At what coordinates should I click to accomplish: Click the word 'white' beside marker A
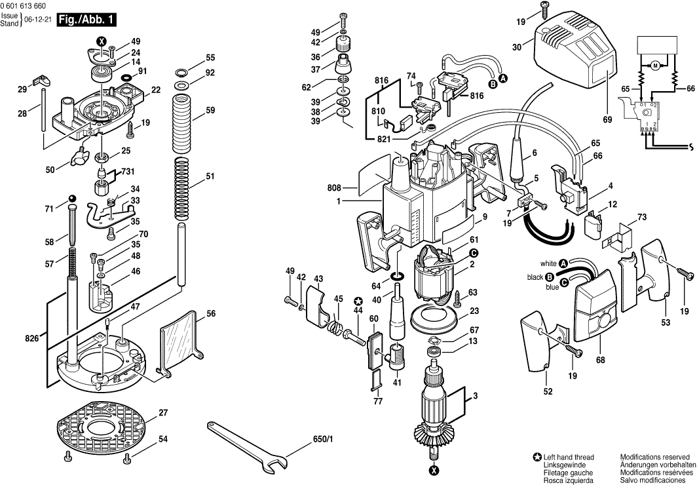548,263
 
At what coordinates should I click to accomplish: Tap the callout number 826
31,338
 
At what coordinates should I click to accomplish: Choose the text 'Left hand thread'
569,457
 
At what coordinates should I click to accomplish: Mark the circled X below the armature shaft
434,469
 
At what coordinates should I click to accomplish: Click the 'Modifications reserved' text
654,457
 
